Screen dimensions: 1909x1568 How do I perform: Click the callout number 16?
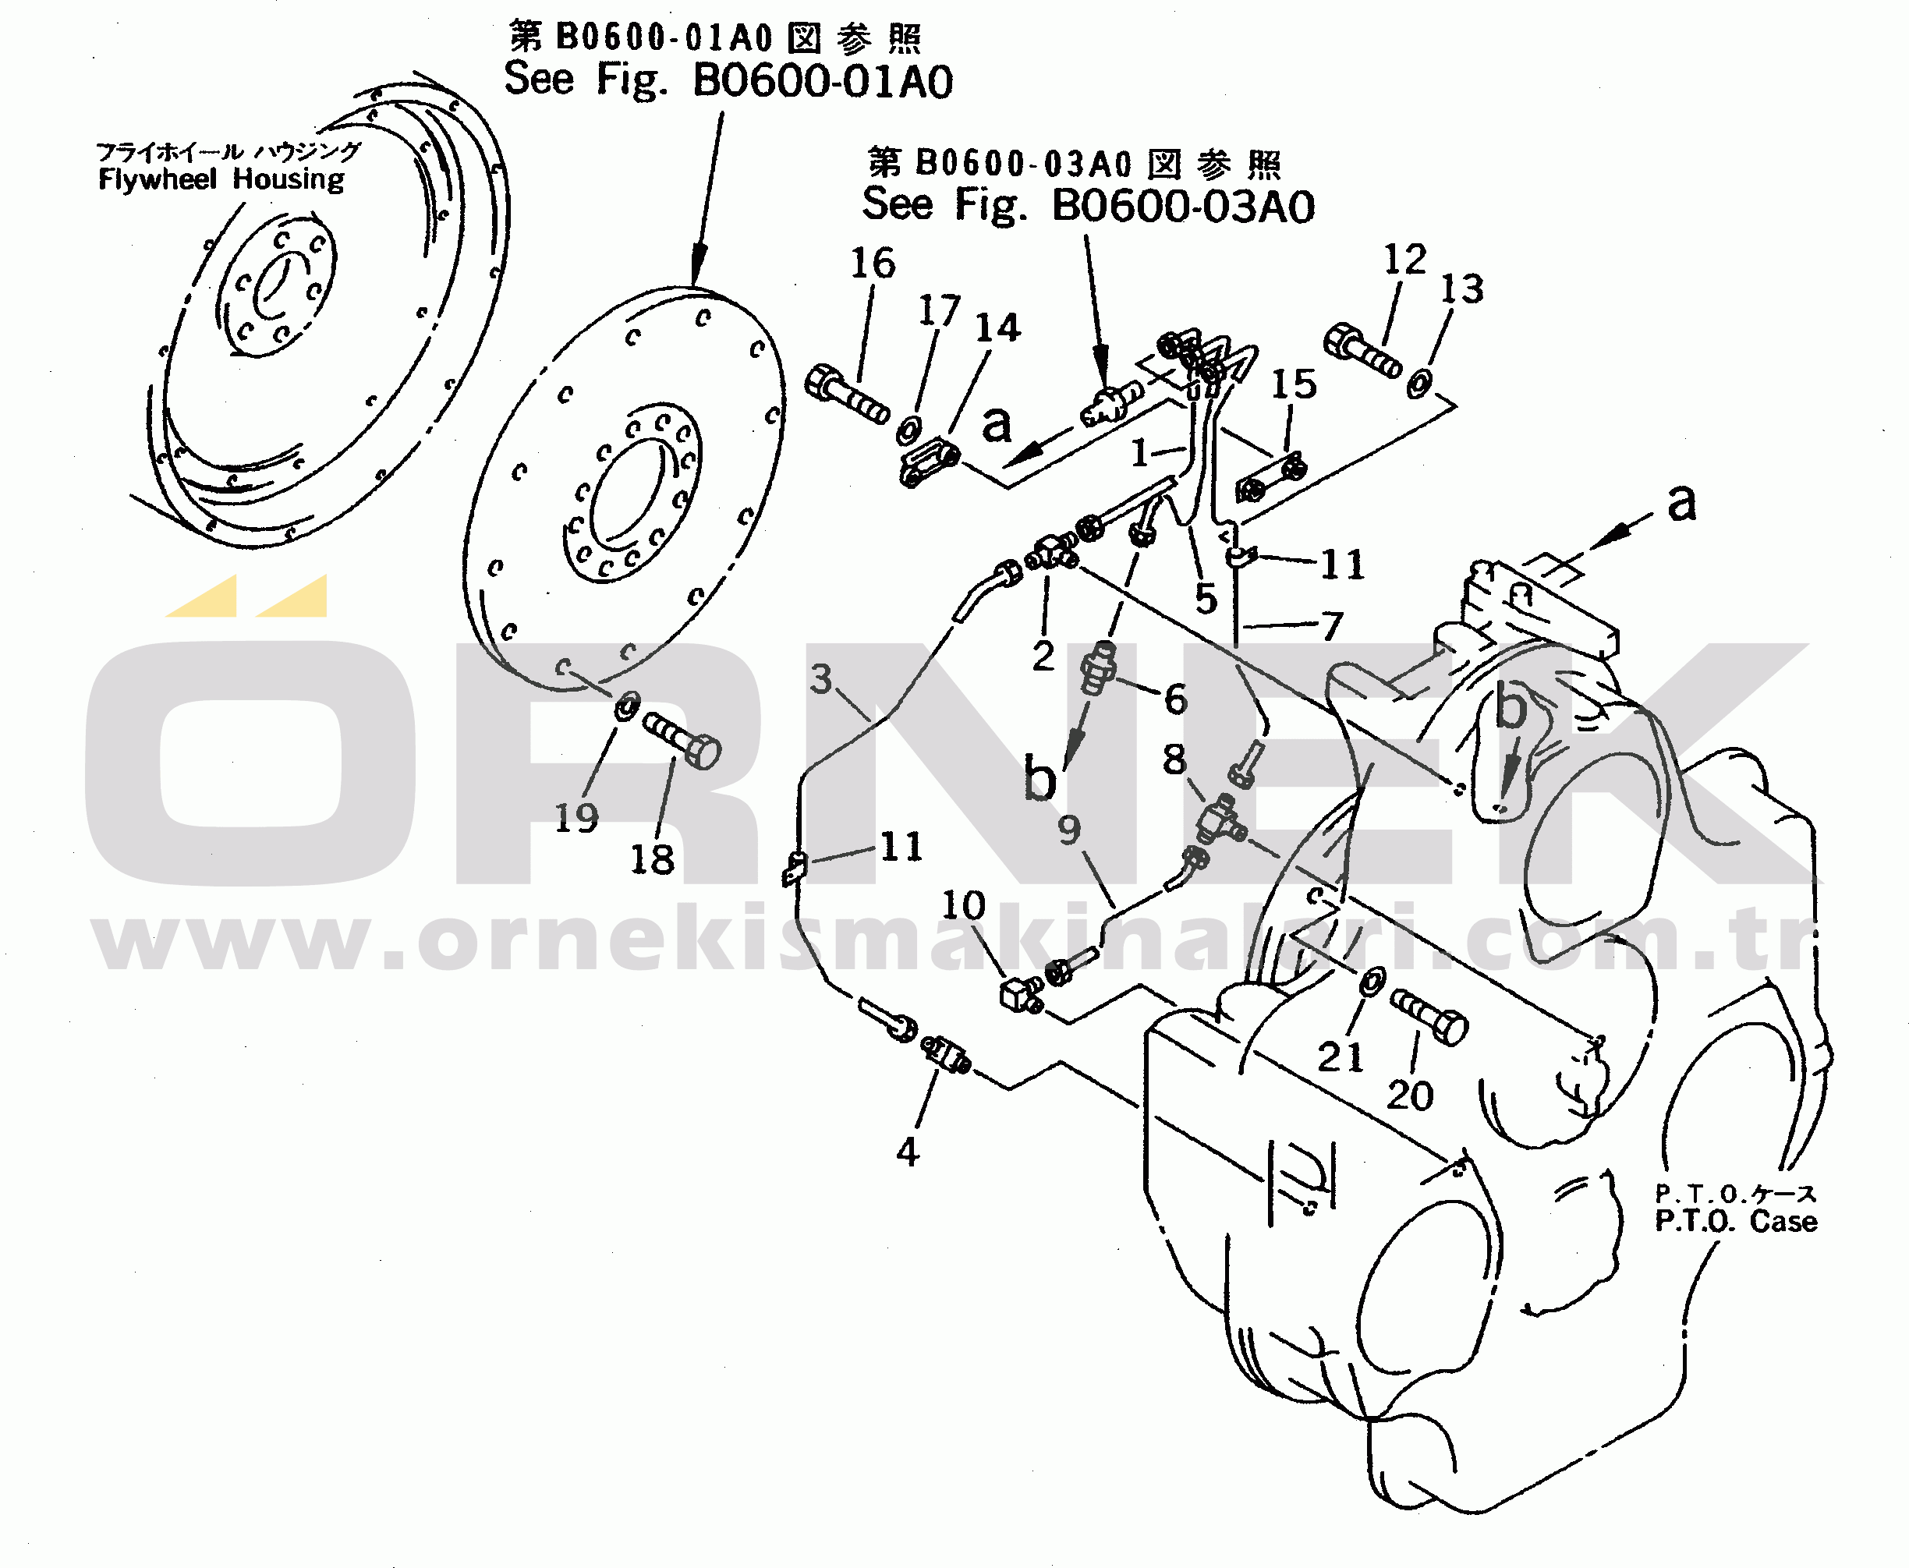coord(873,263)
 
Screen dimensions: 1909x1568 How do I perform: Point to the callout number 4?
coord(908,1152)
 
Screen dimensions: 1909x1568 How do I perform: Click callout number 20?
coord(1410,1095)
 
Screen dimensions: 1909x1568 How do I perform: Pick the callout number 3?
coord(820,678)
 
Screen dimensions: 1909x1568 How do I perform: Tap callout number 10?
coord(963,905)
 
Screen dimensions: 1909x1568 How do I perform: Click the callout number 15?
coord(1294,384)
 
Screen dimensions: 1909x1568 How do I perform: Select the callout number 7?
coord(1332,626)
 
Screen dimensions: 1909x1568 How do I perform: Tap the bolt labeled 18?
coord(682,740)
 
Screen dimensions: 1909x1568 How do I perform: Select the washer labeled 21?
coord(1372,981)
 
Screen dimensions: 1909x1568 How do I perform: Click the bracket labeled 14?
coord(929,462)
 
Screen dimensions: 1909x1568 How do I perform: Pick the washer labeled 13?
coord(1419,384)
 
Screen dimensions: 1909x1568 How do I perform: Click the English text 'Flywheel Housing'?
coord(221,179)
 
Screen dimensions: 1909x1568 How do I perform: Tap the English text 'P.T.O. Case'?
coord(1736,1221)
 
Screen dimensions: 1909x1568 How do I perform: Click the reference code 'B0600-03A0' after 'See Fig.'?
coord(1184,206)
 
